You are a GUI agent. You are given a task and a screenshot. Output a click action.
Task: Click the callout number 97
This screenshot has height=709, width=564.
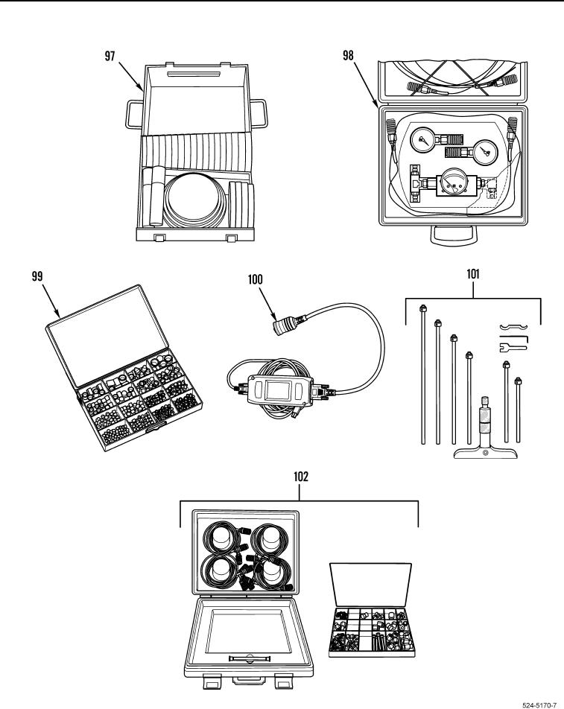[x=110, y=58]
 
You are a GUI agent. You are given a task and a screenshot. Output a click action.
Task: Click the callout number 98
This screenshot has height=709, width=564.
[x=349, y=58]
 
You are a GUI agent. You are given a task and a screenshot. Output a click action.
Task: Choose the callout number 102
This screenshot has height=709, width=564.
[x=300, y=474]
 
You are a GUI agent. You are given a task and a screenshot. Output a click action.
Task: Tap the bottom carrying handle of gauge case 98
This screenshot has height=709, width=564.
[x=453, y=238]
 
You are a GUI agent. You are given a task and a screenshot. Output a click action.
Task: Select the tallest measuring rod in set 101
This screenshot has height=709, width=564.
[x=422, y=372]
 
